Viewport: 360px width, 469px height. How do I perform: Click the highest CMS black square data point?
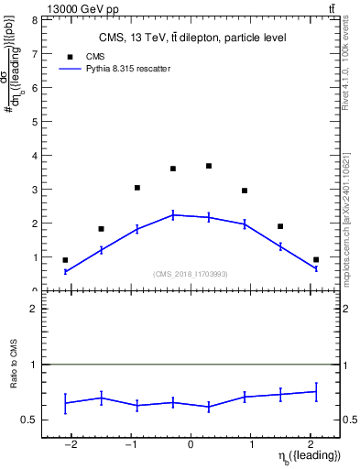coord(209,166)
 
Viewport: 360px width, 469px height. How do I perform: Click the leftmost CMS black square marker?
coord(65,260)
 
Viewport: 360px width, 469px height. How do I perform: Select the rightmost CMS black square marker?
coord(316,260)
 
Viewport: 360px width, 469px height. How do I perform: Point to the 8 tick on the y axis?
coord(35,19)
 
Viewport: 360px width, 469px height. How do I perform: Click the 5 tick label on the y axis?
coord(35,121)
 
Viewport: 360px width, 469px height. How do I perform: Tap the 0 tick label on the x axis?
coord(191,445)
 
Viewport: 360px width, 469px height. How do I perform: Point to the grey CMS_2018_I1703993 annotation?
coord(191,274)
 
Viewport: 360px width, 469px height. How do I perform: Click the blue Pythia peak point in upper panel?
coord(173,214)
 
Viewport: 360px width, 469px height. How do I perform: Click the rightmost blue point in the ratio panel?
coord(316,391)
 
